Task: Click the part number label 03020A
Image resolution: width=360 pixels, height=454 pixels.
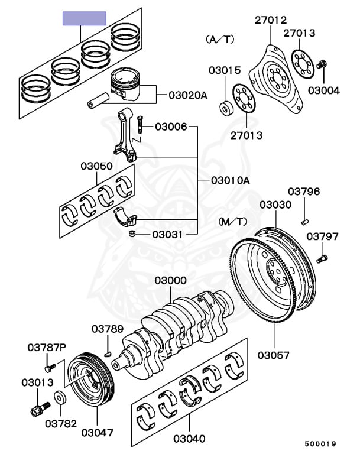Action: click(x=189, y=95)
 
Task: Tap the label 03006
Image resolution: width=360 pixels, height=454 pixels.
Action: click(x=171, y=127)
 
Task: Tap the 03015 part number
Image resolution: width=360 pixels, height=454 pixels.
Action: click(x=224, y=70)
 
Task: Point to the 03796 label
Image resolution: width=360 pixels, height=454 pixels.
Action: click(x=304, y=192)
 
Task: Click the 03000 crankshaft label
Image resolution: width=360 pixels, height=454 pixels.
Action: click(x=171, y=280)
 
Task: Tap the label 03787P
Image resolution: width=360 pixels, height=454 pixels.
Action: click(x=47, y=348)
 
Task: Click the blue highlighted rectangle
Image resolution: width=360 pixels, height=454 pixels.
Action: click(x=85, y=18)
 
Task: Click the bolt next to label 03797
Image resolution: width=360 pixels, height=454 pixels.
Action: click(x=322, y=258)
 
